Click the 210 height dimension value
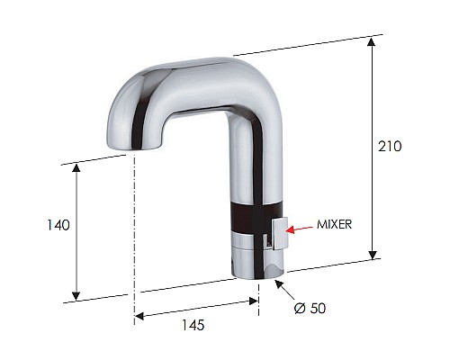pos(390,146)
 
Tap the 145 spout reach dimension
pos(192,325)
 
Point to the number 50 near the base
pos(317,308)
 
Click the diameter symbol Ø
pos(301,308)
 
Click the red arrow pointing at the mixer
pos(301,229)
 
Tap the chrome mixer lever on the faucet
pos(278,230)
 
